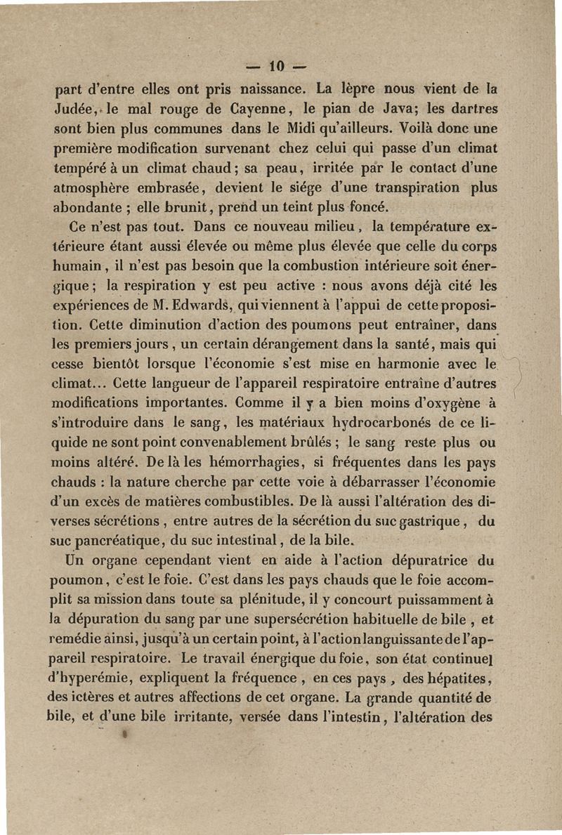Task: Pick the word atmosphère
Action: (x=95, y=188)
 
